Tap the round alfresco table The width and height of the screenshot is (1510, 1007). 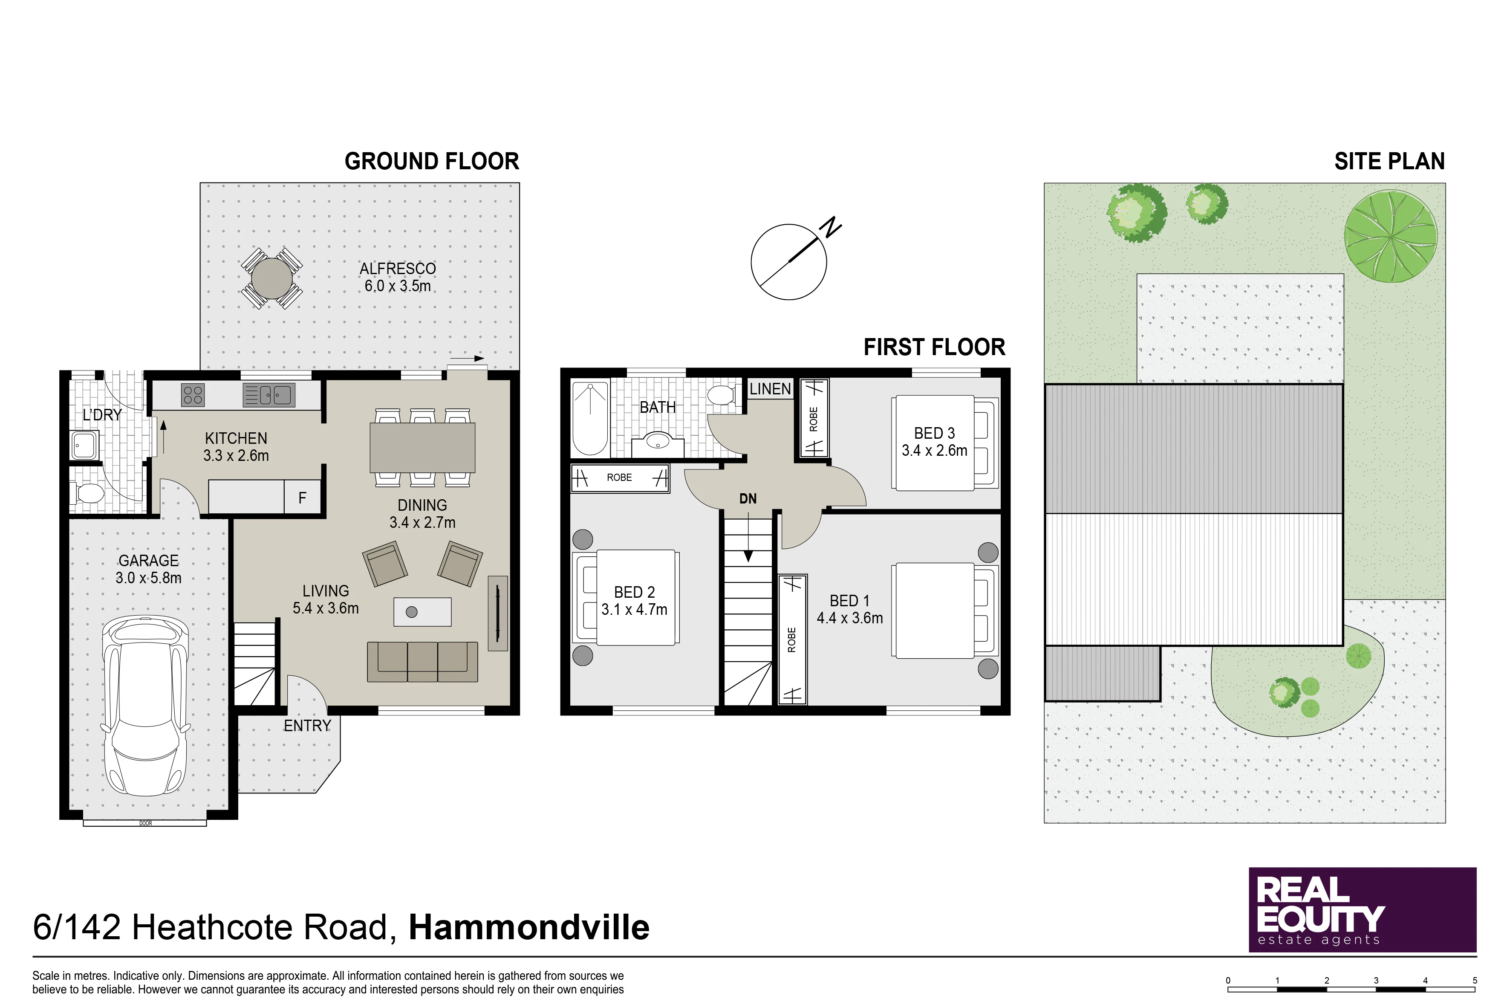271,278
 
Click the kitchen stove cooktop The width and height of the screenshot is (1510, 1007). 193,394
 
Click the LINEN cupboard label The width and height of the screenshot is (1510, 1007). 771,388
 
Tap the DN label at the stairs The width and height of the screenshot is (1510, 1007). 748,498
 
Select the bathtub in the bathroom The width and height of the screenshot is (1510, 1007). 589,419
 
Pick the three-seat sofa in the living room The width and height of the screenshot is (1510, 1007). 422,662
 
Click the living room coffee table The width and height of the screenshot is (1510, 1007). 422,611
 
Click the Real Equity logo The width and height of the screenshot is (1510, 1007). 1363,909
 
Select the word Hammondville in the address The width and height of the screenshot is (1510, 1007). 529,927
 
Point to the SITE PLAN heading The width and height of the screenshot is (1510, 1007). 1389,161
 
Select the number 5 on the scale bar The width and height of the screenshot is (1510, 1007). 1475,981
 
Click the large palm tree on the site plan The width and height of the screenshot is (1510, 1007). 1391,236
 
